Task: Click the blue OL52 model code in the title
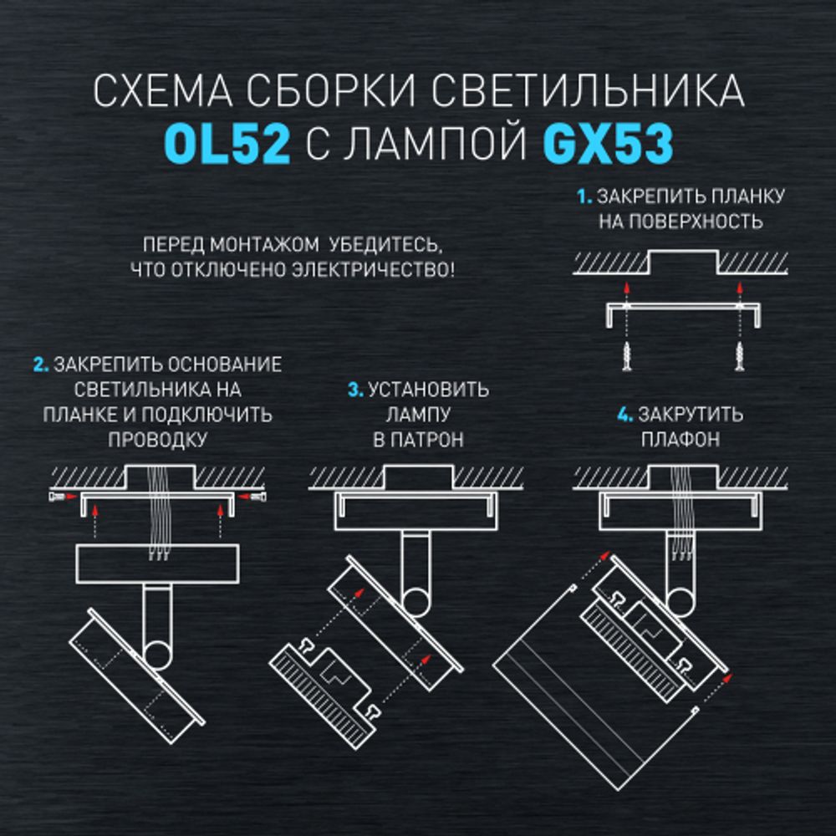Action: (x=227, y=144)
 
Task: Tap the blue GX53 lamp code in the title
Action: (x=608, y=144)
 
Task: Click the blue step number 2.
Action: (x=39, y=365)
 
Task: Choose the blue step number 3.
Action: (x=354, y=390)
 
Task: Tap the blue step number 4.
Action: (x=624, y=415)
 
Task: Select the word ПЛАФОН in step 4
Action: (x=681, y=440)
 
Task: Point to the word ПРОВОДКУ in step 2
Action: (x=157, y=440)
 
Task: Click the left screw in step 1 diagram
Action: (x=626, y=356)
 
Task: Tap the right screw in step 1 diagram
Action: (x=740, y=356)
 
